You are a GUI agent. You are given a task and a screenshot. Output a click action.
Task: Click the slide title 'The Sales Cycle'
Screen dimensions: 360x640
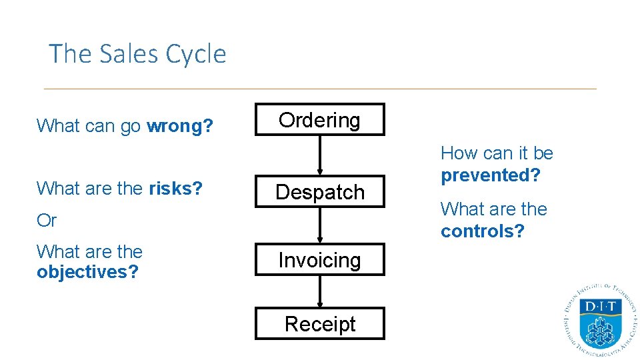[x=137, y=54]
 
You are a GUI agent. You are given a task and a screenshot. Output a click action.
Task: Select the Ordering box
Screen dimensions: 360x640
[x=319, y=120]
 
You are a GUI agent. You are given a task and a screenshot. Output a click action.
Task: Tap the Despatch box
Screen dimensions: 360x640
[x=319, y=192]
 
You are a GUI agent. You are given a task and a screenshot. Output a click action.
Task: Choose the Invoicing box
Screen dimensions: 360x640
[x=319, y=260]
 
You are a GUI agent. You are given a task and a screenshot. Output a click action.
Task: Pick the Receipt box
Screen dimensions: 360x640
[x=319, y=324]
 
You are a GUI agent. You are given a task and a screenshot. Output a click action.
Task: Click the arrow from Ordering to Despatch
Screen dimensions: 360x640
[x=320, y=155]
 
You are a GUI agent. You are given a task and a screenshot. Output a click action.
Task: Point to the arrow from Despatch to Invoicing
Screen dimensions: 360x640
[x=320, y=225]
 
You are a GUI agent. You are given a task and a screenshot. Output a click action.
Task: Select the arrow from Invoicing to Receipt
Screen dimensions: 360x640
[x=320, y=291]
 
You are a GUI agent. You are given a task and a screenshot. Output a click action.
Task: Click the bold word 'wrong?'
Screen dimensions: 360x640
[x=180, y=126]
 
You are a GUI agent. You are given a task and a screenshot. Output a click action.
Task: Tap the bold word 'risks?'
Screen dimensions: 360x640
[x=175, y=189]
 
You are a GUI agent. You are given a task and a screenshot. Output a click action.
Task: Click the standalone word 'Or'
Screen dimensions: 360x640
[x=47, y=221]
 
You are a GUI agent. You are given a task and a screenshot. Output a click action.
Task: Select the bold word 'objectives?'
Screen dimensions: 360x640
[x=87, y=272]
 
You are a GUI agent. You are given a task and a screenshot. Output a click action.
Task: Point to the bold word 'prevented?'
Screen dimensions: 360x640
[x=490, y=175]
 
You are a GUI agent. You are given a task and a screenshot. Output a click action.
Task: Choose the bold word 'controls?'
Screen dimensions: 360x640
[x=483, y=231]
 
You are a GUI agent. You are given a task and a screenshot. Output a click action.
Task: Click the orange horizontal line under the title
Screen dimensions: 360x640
[x=320, y=89]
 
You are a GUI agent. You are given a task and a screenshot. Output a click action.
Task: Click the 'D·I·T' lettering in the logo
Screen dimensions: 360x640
[x=601, y=307]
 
